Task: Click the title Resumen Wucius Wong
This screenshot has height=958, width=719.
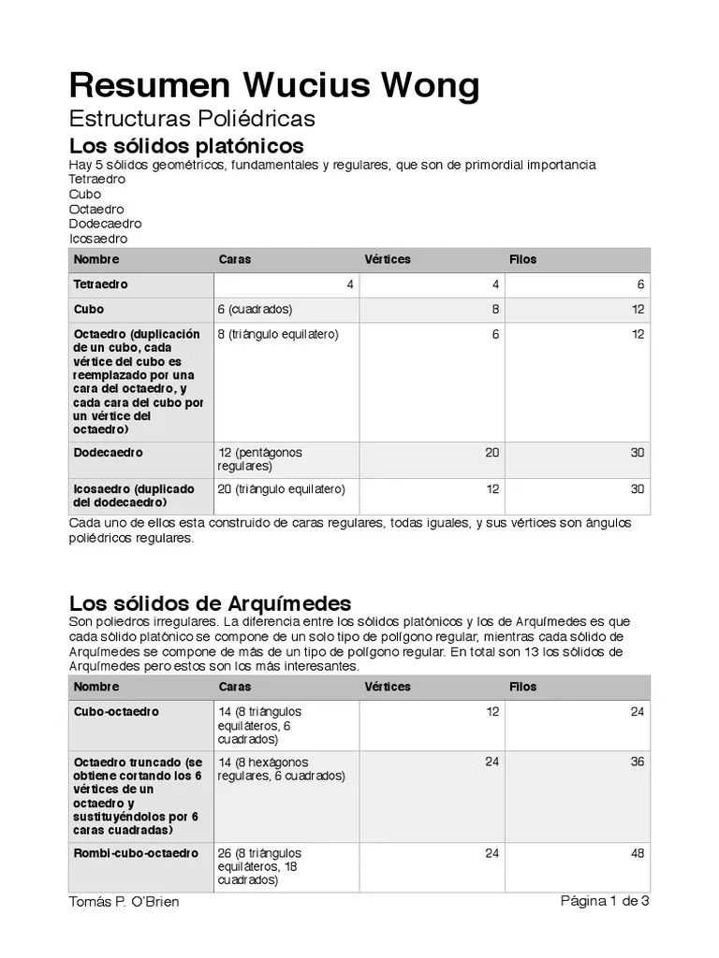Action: click(274, 85)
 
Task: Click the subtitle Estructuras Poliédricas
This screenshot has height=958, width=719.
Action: click(192, 119)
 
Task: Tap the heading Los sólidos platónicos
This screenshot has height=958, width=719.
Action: click(186, 146)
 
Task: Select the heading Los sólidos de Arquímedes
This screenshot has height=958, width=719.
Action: click(210, 602)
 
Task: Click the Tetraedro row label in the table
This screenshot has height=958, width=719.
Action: click(101, 284)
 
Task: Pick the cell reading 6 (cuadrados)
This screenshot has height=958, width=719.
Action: click(255, 310)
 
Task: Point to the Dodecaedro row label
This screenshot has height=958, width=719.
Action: click(109, 453)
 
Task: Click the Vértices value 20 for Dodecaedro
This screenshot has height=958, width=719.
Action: click(492, 453)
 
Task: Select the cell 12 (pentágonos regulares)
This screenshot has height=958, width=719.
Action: click(259, 459)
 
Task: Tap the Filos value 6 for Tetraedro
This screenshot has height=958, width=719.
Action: click(640, 284)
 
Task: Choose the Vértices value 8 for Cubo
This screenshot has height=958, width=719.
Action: click(495, 310)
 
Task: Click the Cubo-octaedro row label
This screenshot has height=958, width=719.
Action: click(116, 712)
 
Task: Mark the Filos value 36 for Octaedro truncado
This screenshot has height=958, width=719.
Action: click(637, 762)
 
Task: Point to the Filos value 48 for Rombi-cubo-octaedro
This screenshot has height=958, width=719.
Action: click(637, 853)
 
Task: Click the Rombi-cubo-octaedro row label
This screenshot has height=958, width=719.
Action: click(136, 853)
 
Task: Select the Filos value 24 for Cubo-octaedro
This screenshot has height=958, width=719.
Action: click(637, 712)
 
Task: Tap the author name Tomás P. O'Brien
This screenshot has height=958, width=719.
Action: click(125, 902)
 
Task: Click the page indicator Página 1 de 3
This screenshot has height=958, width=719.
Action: click(605, 901)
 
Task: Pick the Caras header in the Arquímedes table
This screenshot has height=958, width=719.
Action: click(234, 687)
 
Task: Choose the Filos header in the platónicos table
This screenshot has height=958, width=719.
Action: click(522, 259)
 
